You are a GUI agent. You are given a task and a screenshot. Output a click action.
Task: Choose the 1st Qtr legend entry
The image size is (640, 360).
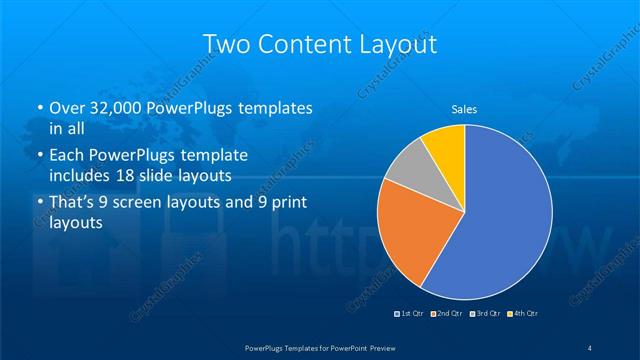tap(411, 314)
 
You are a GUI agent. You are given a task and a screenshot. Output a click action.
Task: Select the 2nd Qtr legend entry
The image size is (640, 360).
tap(447, 314)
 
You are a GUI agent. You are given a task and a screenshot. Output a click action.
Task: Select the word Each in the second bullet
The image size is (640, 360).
tap(66, 157)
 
